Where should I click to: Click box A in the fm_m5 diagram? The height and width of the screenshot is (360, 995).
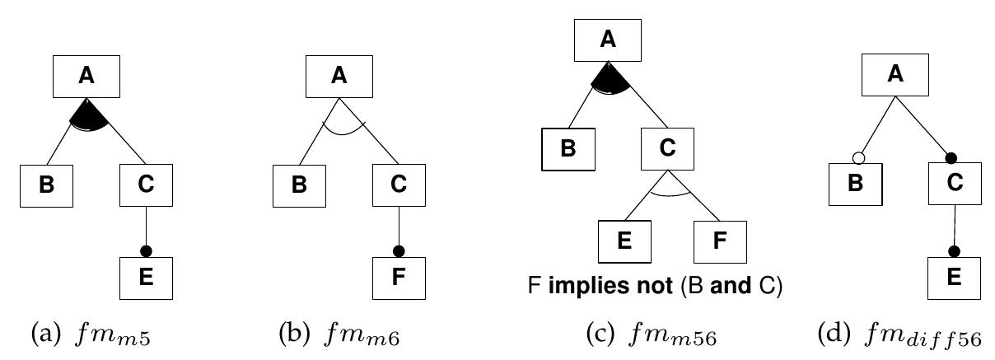tap(86, 77)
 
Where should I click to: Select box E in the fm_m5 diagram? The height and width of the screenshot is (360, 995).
tap(147, 278)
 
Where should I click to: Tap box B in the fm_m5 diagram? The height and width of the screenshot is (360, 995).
tap(47, 185)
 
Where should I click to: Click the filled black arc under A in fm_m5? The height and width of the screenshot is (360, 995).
tap(88, 115)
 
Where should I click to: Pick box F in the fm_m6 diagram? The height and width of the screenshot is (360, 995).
tap(399, 278)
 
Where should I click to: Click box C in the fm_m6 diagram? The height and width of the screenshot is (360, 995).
tap(399, 185)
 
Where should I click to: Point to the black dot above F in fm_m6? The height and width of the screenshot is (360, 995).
tap(399, 250)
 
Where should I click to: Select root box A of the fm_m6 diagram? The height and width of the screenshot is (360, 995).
tap(339, 77)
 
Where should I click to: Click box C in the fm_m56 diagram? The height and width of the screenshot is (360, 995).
tap(668, 149)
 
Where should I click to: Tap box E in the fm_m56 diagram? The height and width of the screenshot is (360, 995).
tap(624, 241)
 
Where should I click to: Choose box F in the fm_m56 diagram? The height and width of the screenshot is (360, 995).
tap(719, 241)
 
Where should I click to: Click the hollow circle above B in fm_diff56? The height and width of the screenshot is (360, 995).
tap(858, 157)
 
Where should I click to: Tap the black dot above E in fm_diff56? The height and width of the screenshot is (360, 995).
tap(954, 250)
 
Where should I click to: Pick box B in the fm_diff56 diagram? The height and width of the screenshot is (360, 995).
tap(856, 184)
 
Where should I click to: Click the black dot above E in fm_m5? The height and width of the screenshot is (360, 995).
tap(147, 250)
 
